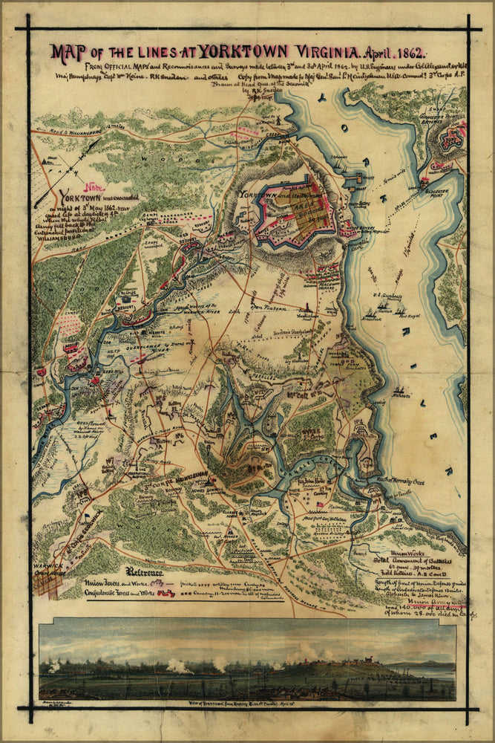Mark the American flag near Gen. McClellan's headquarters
pyautogui.click(x=321, y=504)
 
